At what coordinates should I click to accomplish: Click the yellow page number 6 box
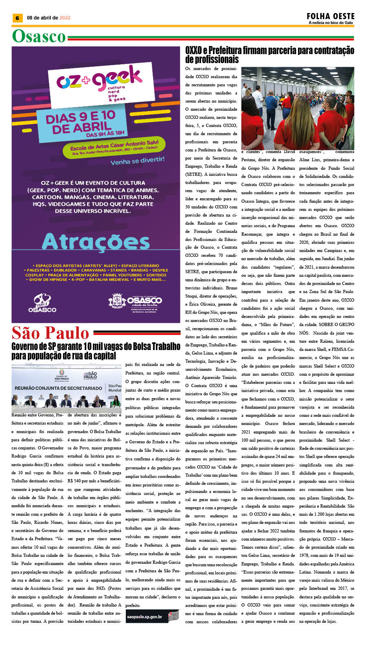[x=17, y=18]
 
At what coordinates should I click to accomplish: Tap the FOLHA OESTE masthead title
[x=330, y=16]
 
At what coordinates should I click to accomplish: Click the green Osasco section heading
[x=39, y=37]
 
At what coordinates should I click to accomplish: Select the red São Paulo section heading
[x=50, y=333]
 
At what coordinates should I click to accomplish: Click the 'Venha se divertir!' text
[x=138, y=161]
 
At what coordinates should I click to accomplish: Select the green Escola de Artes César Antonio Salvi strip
[x=114, y=147]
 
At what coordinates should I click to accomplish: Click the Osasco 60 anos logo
[x=42, y=303]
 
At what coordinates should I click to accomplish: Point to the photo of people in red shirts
[x=298, y=108]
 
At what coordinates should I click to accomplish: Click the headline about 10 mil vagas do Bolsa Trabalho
[x=96, y=351]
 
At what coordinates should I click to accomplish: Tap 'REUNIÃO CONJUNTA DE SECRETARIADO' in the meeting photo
[x=58, y=388]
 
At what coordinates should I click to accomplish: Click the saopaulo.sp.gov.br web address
[x=144, y=617]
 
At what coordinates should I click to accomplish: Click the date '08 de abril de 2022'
[x=48, y=18]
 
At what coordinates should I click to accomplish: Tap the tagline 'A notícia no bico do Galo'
[x=331, y=23]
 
